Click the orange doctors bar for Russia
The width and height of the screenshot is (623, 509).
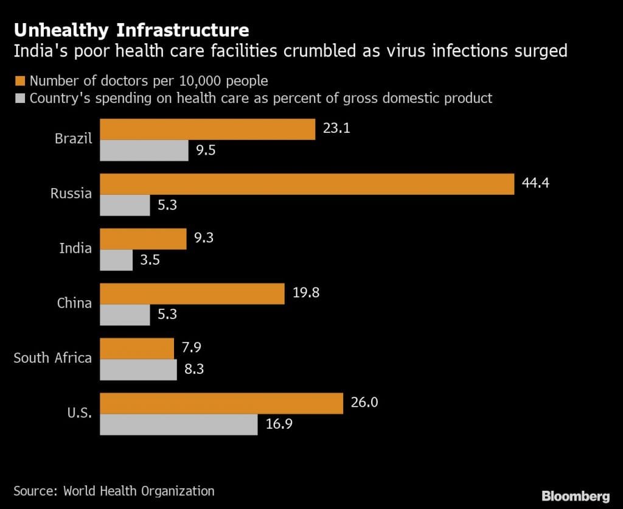[307, 184]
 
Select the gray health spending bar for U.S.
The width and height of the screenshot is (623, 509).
[178, 424]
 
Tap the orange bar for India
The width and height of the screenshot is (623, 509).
[143, 239]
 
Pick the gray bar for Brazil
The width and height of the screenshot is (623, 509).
[144, 150]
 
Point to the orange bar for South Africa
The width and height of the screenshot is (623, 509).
[137, 348]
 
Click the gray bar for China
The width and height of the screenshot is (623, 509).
[125, 315]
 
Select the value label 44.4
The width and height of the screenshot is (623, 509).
[535, 183]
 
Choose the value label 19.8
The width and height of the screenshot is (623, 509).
[306, 292]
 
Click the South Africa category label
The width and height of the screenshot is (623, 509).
[52, 357]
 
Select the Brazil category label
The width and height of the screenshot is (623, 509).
[73, 138]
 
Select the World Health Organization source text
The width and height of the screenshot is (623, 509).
[139, 490]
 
